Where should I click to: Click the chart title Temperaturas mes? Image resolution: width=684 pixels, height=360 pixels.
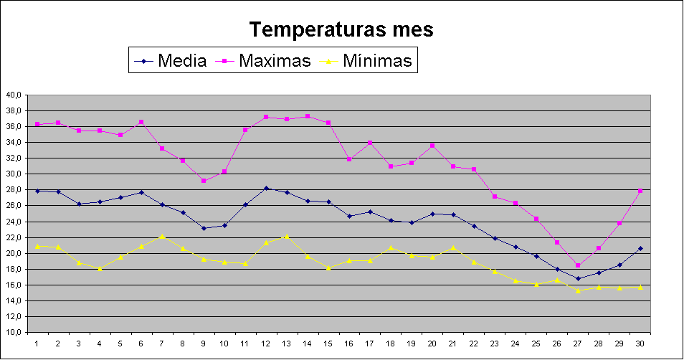click(x=341, y=30)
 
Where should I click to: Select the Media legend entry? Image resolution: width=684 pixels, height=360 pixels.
click(x=182, y=61)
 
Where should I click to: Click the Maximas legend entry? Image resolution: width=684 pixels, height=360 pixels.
click(x=275, y=61)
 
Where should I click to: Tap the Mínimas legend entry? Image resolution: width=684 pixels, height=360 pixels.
click(x=377, y=61)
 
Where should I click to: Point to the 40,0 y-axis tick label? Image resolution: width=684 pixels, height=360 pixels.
click(x=14, y=95)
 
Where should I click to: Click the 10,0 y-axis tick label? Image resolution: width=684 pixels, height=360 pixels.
click(x=14, y=332)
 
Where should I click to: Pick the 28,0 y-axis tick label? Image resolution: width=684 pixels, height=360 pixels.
click(x=14, y=189)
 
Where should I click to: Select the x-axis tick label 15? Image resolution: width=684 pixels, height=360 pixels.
click(x=328, y=344)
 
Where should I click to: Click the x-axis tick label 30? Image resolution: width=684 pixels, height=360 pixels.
click(x=640, y=344)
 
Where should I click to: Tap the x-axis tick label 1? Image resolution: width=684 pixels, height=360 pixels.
click(x=37, y=344)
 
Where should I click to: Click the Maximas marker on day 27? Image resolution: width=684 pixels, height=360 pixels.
click(x=578, y=265)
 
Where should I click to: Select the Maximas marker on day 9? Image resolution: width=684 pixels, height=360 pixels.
click(x=204, y=181)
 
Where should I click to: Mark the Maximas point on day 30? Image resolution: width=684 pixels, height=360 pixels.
click(x=640, y=191)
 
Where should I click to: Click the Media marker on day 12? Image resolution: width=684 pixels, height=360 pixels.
click(x=266, y=188)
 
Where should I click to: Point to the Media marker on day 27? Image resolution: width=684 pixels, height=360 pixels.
click(x=578, y=278)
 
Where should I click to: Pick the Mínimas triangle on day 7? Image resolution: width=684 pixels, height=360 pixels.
click(x=162, y=235)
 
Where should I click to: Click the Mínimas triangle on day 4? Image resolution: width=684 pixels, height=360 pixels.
click(x=100, y=268)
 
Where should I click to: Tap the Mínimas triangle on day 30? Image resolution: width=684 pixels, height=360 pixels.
click(x=640, y=287)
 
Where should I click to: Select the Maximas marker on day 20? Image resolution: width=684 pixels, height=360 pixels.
click(x=432, y=146)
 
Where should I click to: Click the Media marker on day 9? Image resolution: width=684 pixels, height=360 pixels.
click(x=204, y=228)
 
